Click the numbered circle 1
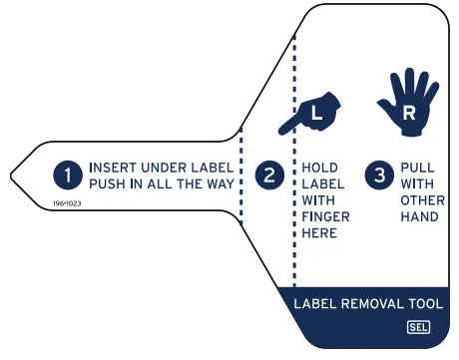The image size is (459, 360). (x=68, y=176)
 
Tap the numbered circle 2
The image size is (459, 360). (x=269, y=176)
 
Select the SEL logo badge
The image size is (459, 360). (x=417, y=327)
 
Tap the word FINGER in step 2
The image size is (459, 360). (x=320, y=216)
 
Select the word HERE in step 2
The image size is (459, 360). (x=316, y=233)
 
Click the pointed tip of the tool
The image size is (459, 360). (x=11, y=177)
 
